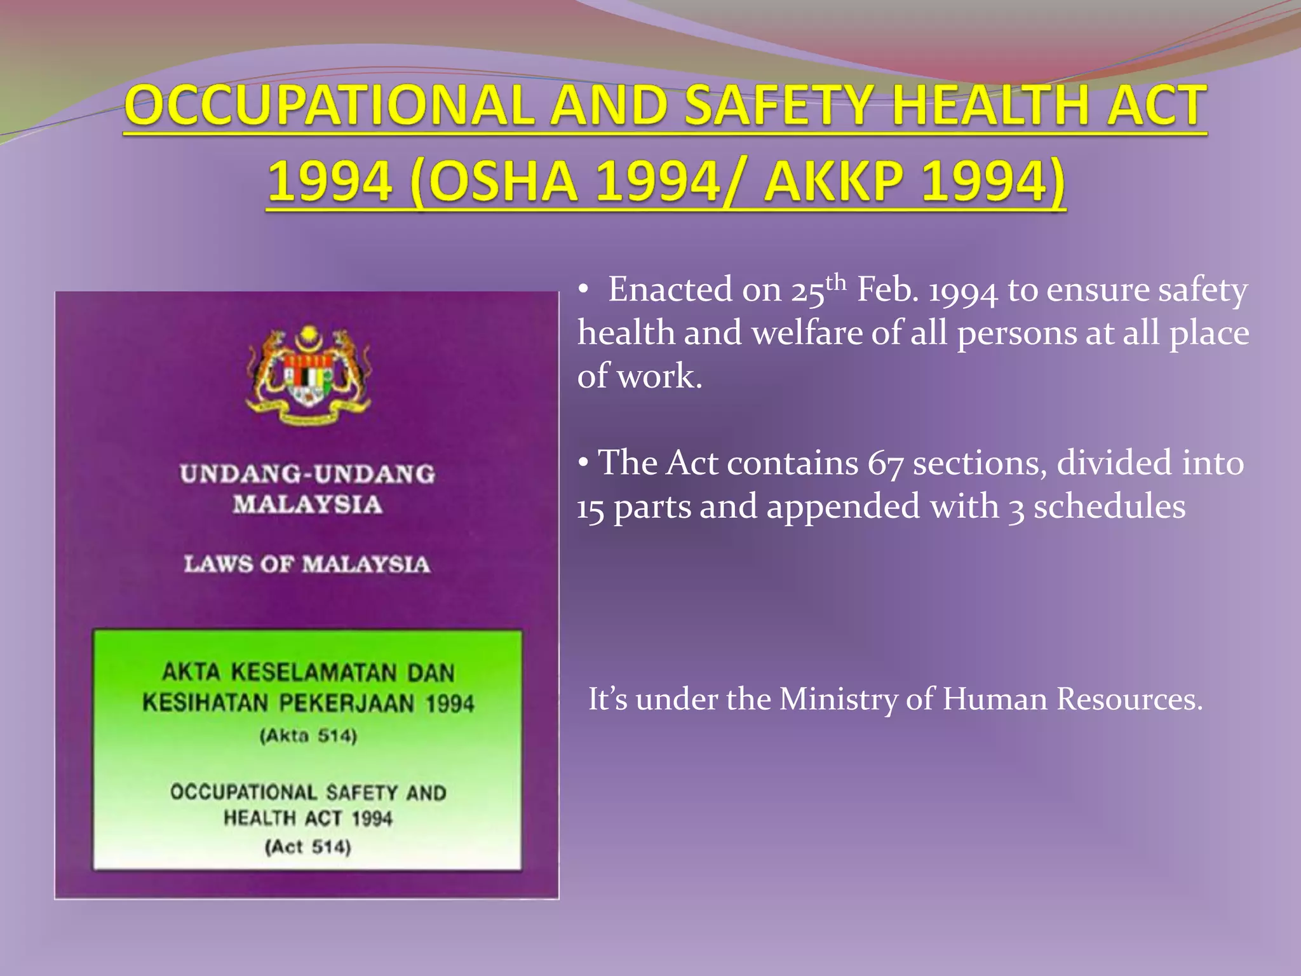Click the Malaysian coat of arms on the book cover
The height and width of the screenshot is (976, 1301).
pyautogui.click(x=308, y=375)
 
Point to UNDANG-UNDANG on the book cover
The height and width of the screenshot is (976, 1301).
pyautogui.click(x=307, y=474)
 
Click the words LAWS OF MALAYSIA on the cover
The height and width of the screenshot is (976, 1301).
pyautogui.click(x=307, y=564)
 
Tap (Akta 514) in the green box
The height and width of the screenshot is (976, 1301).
pyautogui.click(x=308, y=736)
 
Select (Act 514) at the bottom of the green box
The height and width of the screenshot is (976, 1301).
pyautogui.click(x=308, y=847)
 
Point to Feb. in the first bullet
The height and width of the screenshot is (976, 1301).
pyautogui.click(x=888, y=290)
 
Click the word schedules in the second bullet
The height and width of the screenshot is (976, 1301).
pyautogui.click(x=1109, y=507)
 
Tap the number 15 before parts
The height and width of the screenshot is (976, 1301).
pyautogui.click(x=590, y=508)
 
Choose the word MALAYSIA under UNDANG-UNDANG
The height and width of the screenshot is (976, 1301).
pyautogui.click(x=307, y=505)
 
